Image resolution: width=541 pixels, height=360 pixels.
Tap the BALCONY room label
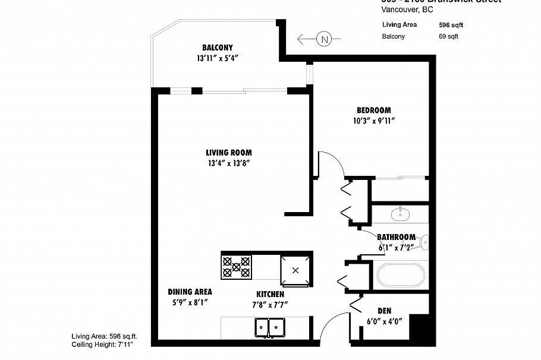coord(217,48)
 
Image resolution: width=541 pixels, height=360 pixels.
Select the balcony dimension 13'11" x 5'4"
coord(217,58)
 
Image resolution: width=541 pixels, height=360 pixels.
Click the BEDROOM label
coord(373,110)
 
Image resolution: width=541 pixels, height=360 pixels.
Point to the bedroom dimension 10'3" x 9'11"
coord(373,121)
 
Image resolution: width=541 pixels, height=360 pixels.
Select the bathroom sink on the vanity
coord(399,213)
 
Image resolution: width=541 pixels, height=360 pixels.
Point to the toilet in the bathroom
coord(423,242)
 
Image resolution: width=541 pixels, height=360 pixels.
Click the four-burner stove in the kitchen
coord(236,266)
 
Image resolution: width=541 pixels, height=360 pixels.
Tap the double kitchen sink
coord(269,327)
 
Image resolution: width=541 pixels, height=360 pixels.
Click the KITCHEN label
coord(270,295)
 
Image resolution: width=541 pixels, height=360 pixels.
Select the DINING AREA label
coord(190,292)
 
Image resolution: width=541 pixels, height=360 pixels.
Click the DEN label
coord(385,311)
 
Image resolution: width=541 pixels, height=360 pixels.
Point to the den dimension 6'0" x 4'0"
coord(385,321)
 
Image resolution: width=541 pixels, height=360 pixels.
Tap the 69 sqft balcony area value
coord(449,36)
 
